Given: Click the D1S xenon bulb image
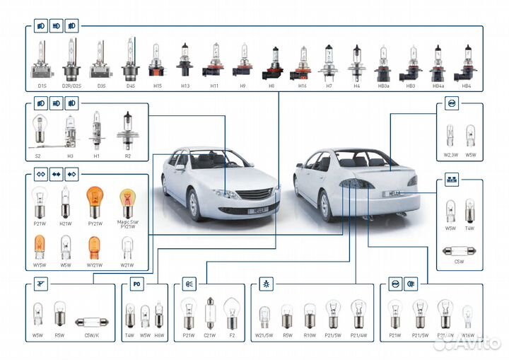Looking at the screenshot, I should (x=42, y=61).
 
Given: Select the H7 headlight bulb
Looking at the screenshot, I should (x=329, y=61).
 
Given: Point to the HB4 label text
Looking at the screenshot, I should (x=466, y=86).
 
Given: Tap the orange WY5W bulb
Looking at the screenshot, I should (x=40, y=247).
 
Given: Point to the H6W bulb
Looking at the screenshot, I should (x=159, y=314).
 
